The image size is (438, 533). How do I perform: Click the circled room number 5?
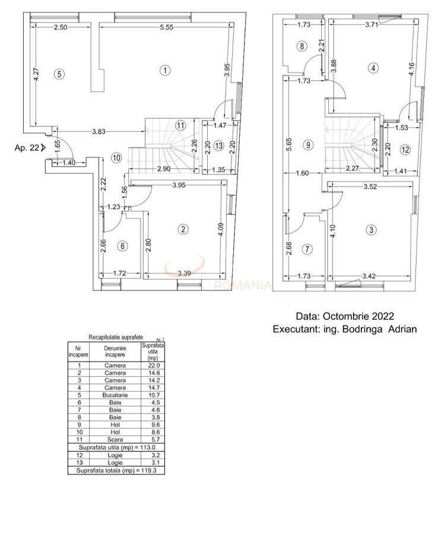click(x=58, y=74)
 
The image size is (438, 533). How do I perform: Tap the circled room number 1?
click(x=165, y=71)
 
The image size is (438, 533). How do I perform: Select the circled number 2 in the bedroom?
click(x=184, y=230)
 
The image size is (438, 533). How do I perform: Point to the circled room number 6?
click(x=122, y=246)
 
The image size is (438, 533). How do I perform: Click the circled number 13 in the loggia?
click(x=218, y=145)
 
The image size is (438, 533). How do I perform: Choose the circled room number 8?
click(x=302, y=46)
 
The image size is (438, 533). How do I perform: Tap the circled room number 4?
click(x=373, y=68)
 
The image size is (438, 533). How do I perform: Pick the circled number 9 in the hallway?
click(x=307, y=144)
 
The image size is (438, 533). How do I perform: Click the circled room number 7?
click(x=307, y=249)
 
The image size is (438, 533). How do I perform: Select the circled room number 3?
click(x=372, y=230)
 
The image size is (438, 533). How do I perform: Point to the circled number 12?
click(x=405, y=150)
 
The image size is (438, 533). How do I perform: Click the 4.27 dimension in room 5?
click(x=36, y=74)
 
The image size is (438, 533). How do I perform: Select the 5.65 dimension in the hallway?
click(x=288, y=146)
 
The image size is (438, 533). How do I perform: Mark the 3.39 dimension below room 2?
click(x=186, y=273)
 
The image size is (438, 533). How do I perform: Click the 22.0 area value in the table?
click(x=153, y=365)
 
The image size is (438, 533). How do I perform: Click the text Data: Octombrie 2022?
click(x=345, y=316)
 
